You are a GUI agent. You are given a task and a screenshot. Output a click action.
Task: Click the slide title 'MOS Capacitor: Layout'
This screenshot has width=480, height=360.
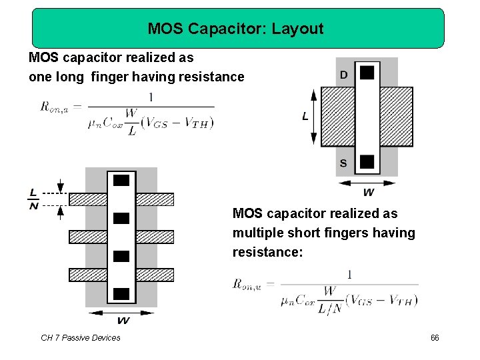(x=235, y=29)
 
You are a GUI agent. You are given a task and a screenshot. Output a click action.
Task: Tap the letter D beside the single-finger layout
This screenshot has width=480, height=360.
(x=343, y=75)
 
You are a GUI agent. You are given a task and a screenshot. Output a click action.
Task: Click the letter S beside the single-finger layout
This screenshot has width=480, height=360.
(x=343, y=163)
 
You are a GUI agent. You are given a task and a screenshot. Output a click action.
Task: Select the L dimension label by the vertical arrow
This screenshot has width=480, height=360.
(x=305, y=117)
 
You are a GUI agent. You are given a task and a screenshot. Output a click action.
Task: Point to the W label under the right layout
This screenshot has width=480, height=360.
(x=368, y=193)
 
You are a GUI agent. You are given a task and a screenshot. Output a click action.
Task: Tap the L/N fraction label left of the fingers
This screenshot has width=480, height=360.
(x=33, y=199)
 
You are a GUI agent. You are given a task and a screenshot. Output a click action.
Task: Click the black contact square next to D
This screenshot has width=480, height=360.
(x=366, y=72)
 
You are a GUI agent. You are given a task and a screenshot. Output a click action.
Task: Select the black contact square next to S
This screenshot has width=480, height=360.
(x=366, y=161)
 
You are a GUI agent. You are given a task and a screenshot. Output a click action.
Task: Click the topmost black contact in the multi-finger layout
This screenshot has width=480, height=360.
(x=121, y=180)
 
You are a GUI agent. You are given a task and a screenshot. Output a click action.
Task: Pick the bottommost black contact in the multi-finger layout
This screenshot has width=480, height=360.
(x=121, y=293)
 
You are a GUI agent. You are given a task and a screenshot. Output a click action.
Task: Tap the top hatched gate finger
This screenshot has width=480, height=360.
(x=121, y=199)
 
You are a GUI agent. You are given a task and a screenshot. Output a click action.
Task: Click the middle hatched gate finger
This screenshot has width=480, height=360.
(x=121, y=236)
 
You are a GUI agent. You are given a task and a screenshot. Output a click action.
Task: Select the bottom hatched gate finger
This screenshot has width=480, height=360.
(x=121, y=274)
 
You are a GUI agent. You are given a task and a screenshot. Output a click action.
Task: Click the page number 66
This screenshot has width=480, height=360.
(x=435, y=338)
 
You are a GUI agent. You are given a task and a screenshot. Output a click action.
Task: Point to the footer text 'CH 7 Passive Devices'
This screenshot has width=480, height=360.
(x=81, y=338)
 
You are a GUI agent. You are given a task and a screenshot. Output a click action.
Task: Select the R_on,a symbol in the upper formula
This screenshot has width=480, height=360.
(x=57, y=106)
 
